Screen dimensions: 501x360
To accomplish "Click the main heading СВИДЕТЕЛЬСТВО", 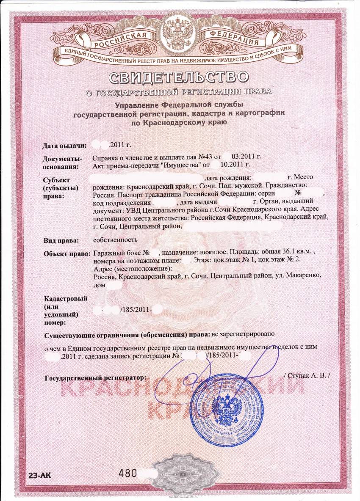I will coord(178,77).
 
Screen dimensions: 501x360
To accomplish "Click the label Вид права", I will coord(62,241).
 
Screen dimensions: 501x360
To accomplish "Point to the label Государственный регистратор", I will coord(95,376).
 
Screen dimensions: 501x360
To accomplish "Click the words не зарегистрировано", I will coord(244,333).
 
